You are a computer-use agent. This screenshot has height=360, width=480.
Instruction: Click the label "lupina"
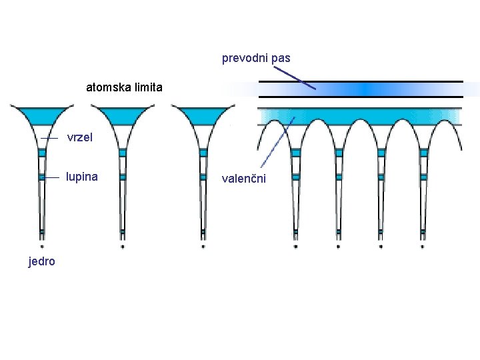[81, 177]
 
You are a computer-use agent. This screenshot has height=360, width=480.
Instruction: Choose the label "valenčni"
[244, 178]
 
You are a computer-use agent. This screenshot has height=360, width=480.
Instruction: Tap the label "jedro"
[42, 261]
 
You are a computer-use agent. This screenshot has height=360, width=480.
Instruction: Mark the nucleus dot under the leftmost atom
[41, 246]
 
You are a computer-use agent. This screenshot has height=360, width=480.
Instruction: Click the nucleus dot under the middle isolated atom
[122, 246]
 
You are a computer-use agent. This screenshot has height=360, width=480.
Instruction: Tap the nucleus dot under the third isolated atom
[203, 246]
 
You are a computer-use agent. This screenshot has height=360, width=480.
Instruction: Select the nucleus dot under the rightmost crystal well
[422, 246]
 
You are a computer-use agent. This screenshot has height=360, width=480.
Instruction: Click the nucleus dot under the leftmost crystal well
[296, 246]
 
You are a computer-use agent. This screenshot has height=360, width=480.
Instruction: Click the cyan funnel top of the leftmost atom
[41, 115]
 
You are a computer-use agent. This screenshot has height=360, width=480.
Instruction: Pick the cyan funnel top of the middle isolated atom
[122, 115]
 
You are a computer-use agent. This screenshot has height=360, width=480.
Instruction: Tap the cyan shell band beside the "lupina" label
[41, 177]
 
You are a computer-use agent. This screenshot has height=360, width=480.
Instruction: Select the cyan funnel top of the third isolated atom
[203, 115]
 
